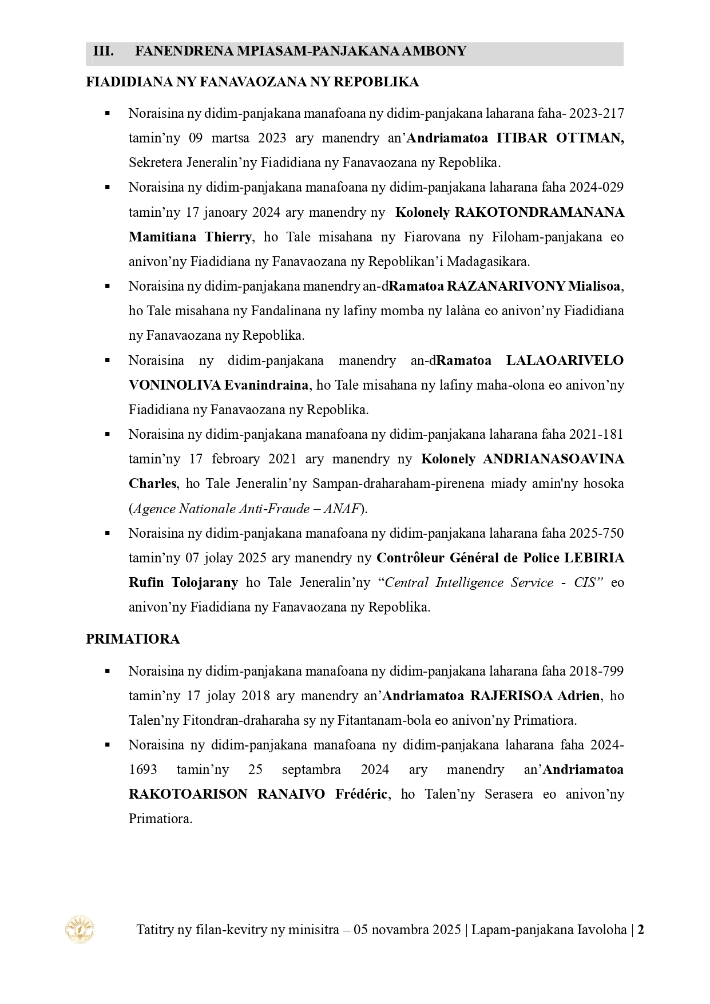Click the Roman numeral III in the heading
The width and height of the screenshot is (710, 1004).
pyautogui.click(x=103, y=51)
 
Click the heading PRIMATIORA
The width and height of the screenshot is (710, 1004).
pyautogui.click(x=133, y=639)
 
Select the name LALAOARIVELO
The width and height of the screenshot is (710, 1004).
pyautogui.click(x=565, y=360)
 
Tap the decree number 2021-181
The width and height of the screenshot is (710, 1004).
pyautogui.click(x=597, y=434)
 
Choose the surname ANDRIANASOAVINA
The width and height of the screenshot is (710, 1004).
pyautogui.click(x=553, y=459)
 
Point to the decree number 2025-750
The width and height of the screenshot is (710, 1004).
pyautogui.click(x=597, y=533)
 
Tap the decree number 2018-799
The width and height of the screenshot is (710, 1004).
pyautogui.click(x=597, y=671)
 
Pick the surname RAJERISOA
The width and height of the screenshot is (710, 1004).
pyautogui.click(x=511, y=696)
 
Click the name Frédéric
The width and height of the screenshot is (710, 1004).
pyautogui.click(x=361, y=794)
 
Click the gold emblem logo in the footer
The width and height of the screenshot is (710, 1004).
pyautogui.click(x=80, y=929)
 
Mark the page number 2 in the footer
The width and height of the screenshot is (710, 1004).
pyautogui.click(x=641, y=930)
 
